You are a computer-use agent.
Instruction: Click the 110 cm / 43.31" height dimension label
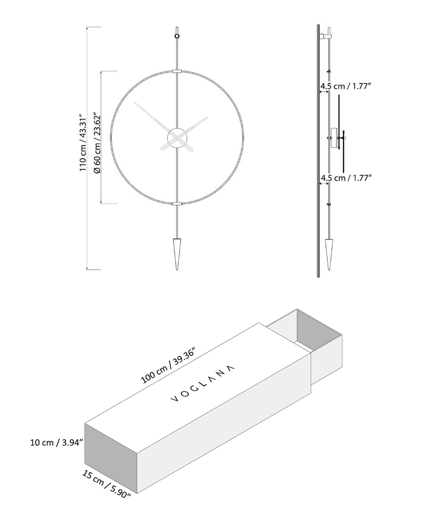tap(83, 143)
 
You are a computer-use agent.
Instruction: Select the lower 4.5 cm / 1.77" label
tap(346, 178)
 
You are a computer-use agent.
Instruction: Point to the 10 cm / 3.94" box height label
tap(57, 442)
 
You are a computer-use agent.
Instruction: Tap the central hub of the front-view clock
tap(177, 138)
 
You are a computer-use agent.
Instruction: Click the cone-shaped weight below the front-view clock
tap(177, 252)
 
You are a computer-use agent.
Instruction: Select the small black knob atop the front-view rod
tap(177, 36)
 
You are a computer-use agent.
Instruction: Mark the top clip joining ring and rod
tap(177, 71)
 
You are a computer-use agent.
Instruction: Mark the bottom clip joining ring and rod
tap(177, 204)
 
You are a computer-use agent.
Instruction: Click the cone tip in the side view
tap(329, 268)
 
